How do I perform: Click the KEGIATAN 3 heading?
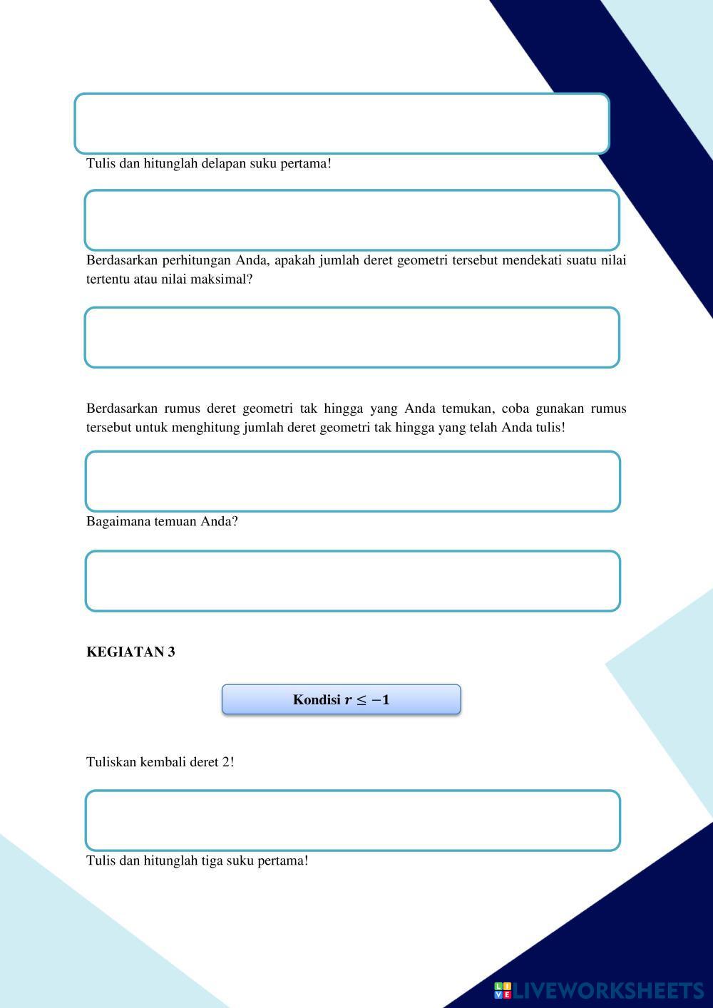(x=130, y=652)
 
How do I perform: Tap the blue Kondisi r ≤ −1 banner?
(x=341, y=699)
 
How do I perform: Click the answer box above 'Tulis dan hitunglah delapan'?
(x=342, y=123)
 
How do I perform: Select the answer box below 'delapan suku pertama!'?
(x=352, y=220)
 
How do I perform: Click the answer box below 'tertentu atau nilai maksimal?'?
(x=352, y=338)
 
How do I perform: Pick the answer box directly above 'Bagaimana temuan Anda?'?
(x=352, y=481)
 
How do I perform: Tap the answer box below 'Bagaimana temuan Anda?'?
(x=352, y=581)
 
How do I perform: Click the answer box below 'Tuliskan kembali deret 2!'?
(x=352, y=821)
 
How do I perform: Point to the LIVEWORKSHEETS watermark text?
(x=608, y=990)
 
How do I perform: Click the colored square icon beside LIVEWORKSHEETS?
(x=503, y=990)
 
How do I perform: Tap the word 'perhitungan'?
(x=197, y=260)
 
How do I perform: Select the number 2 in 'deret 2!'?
(x=225, y=761)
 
